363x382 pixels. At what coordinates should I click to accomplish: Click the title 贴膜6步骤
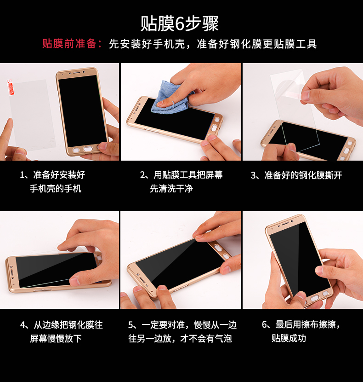click(180, 23)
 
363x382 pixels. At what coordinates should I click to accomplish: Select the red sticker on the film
click(11, 87)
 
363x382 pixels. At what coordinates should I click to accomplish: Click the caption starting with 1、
click(52, 181)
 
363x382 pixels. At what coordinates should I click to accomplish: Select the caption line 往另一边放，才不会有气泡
click(180, 338)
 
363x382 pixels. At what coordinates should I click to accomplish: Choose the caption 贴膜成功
click(289, 338)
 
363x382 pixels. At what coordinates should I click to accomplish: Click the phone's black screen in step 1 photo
click(82, 111)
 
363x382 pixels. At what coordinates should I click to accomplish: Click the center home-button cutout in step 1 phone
click(88, 149)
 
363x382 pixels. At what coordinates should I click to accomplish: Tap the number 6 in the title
click(179, 24)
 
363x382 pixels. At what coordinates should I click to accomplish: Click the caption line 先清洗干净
click(171, 189)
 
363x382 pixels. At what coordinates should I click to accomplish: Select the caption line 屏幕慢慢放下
click(56, 338)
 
